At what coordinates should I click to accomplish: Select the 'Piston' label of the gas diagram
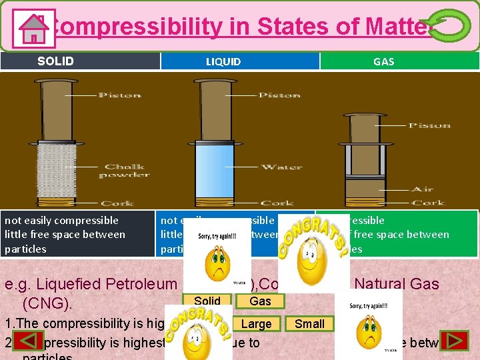(x=429, y=125)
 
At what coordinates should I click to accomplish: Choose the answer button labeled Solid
(x=207, y=301)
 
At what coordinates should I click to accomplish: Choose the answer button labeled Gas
(x=260, y=301)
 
